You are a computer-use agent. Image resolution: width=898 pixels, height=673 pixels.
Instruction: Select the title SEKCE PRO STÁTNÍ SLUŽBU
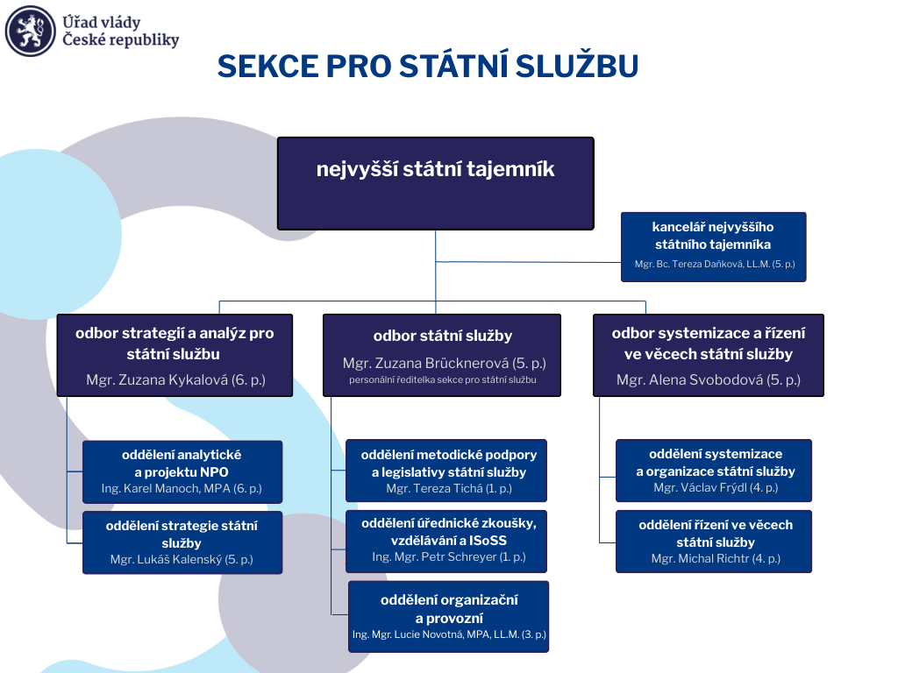[x=427, y=67]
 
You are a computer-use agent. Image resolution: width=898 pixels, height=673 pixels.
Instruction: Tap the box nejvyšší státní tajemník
[x=436, y=183]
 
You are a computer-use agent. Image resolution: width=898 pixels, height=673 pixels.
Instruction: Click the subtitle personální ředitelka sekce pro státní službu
[x=442, y=380]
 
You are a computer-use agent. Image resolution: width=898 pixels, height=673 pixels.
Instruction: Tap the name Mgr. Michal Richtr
[x=716, y=558]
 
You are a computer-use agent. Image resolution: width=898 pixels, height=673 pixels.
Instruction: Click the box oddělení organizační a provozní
[x=449, y=616]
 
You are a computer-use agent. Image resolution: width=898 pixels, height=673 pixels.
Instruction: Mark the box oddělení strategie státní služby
[x=182, y=542]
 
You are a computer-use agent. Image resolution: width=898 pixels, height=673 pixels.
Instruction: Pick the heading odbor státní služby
[x=442, y=336]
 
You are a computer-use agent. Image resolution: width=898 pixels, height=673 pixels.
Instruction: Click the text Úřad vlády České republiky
[x=120, y=32]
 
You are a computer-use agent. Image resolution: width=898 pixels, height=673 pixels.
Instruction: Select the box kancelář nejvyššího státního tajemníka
[x=713, y=246]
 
